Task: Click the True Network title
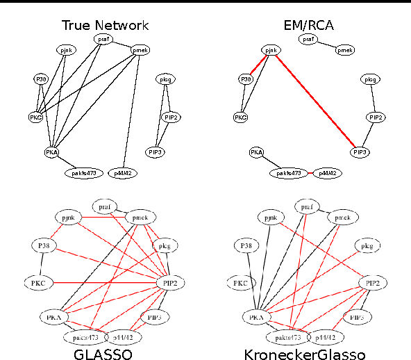click(105, 26)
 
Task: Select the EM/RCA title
click(308, 26)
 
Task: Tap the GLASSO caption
click(103, 354)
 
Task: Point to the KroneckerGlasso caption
click(304, 354)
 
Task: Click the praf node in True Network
click(103, 39)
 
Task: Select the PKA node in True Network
click(52, 152)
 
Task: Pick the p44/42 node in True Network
click(123, 172)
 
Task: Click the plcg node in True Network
click(165, 79)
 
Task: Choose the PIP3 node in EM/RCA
click(360, 152)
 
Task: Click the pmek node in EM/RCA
click(345, 50)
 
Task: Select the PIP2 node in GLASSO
click(170, 283)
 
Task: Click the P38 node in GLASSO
click(43, 245)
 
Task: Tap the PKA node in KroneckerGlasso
click(255, 317)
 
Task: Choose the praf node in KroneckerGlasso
click(306, 206)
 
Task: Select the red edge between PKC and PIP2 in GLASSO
click(104, 283)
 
